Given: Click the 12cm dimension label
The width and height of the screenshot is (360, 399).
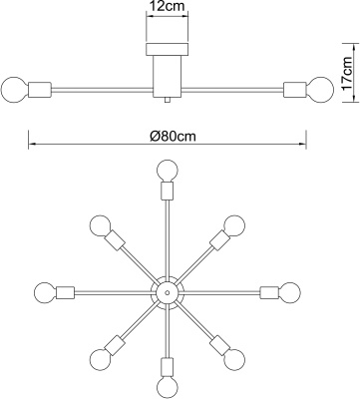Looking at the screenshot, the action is [168, 6].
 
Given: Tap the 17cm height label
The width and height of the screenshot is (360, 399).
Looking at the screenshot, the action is [347, 74].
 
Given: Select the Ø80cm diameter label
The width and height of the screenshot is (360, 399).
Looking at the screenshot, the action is [173, 136].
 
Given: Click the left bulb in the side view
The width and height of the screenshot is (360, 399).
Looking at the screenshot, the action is [14, 90].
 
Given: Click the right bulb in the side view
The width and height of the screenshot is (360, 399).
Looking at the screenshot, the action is [319, 90].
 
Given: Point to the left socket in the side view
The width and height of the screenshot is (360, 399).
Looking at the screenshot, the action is [40, 90].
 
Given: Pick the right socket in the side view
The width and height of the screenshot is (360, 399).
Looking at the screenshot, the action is [294, 90].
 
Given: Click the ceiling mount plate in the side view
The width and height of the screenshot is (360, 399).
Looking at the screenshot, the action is [168, 49].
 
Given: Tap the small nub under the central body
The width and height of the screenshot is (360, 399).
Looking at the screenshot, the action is [168, 100].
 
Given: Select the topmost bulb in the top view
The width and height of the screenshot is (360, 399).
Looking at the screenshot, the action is [168, 171].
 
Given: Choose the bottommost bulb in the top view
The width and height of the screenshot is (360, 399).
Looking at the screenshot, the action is [168, 387].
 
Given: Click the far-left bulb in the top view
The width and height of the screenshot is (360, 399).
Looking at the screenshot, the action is [45, 292].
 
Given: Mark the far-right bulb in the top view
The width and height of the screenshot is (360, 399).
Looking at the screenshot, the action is [289, 292].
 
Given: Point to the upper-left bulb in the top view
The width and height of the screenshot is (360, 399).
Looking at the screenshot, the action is [100, 225].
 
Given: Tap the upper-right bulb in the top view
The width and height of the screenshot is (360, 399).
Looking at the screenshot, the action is [234, 225].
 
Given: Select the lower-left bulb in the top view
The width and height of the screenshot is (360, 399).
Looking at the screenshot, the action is [100, 359].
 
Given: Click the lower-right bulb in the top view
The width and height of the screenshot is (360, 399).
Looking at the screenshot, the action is [234, 359].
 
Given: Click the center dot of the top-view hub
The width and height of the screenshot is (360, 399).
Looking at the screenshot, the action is [168, 292].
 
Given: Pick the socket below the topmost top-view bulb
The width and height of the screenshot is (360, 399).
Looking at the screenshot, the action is [168, 191].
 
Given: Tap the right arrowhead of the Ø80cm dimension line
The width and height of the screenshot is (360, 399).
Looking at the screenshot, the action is [303, 144].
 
